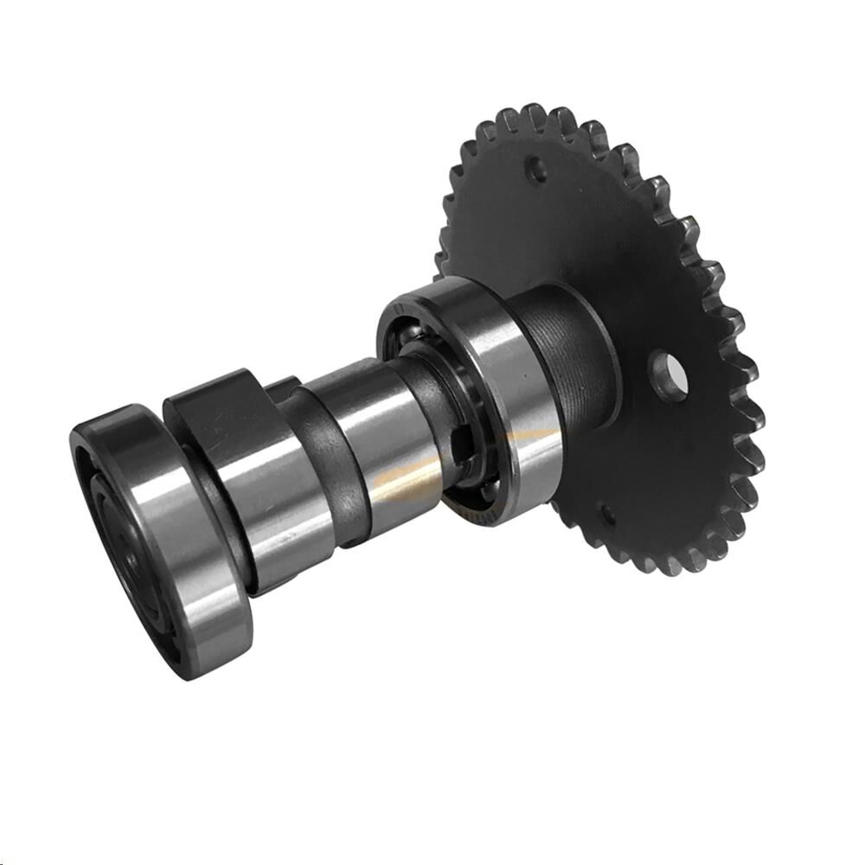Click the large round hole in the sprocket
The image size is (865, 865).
click(671, 378)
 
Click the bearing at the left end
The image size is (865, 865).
click(160, 536)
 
